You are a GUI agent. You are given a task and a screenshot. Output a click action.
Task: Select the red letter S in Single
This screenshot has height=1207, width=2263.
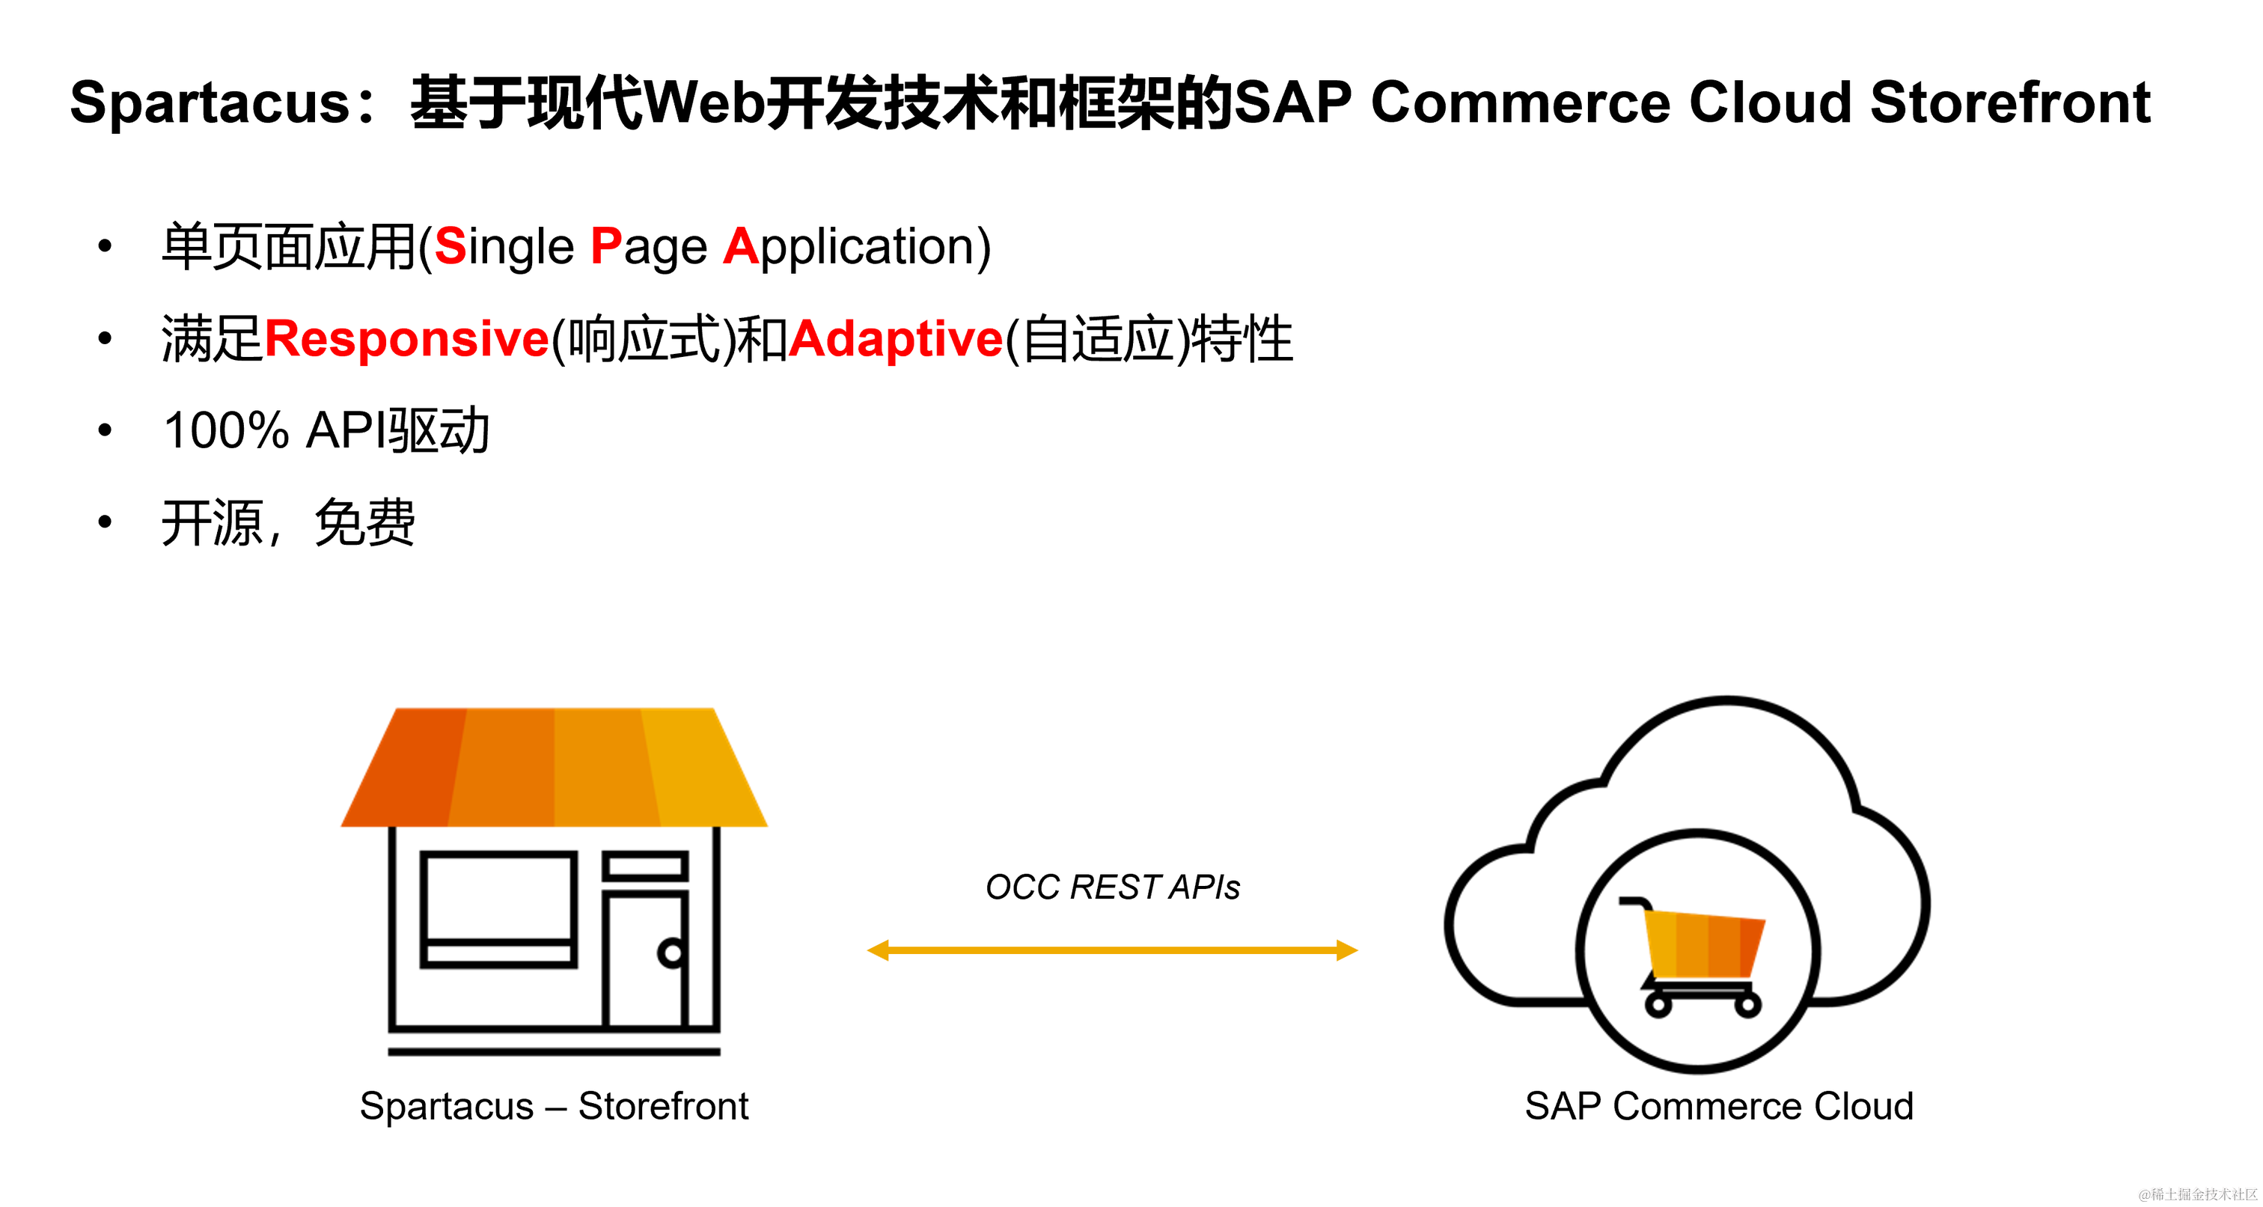click(450, 246)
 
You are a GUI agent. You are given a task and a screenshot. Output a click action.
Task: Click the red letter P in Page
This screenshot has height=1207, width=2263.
click(605, 246)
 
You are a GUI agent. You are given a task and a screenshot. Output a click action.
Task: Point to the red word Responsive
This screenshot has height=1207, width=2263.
click(406, 339)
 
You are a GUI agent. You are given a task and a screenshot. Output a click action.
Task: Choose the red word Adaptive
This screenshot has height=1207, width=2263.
click(895, 339)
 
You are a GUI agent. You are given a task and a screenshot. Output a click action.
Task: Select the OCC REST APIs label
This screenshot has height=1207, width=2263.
click(1112, 887)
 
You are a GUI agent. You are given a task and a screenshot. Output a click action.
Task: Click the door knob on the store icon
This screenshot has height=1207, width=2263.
click(672, 953)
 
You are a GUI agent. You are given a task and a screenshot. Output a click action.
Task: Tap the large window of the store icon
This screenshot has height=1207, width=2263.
click(498, 896)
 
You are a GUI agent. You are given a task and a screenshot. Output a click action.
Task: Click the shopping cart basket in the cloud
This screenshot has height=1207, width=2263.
click(1704, 945)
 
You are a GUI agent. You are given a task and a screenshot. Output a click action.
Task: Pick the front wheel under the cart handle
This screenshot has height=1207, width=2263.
click(1658, 1005)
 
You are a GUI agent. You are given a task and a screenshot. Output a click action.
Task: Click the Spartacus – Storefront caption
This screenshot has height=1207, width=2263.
click(554, 1106)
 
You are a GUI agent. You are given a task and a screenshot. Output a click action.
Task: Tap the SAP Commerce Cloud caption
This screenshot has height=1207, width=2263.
click(1718, 1106)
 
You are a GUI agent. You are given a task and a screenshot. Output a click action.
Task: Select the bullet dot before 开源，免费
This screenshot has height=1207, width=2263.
click(106, 522)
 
